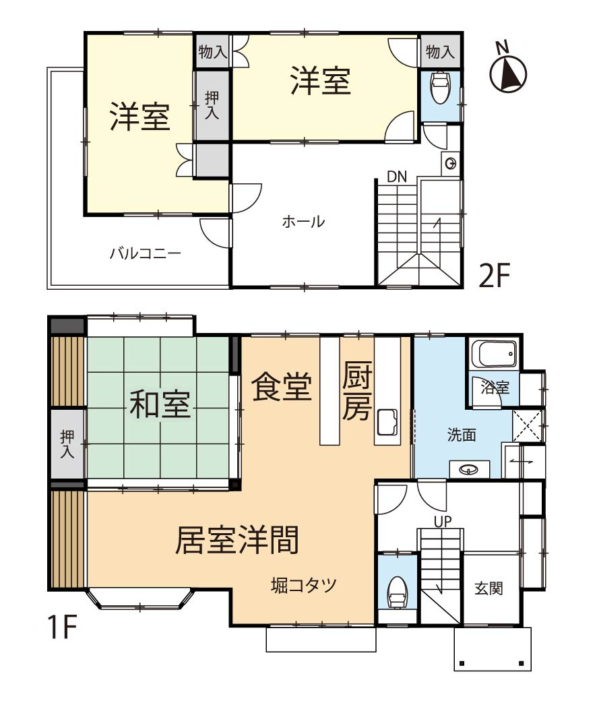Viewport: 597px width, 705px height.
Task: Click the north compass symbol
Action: coord(508,73)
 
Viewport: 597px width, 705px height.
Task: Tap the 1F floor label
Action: coord(61,627)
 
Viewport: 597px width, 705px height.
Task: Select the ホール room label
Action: coord(303,222)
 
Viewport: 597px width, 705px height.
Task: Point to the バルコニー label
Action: coord(145,254)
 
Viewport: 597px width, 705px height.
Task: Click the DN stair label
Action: coord(397,177)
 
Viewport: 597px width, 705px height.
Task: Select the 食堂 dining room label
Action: coord(282,388)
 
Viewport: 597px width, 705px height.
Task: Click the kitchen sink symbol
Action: coord(387,423)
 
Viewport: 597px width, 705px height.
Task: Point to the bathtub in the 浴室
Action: coord(495,352)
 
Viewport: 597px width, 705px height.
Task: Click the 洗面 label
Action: coord(462,435)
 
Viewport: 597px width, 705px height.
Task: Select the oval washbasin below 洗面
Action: coord(469,469)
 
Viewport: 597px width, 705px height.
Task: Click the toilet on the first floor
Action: coord(398,591)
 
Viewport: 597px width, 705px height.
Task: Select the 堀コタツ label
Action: coord(303,584)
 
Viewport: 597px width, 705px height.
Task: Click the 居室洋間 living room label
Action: coord(237,540)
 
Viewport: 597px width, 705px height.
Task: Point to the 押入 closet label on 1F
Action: coord(66,444)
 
